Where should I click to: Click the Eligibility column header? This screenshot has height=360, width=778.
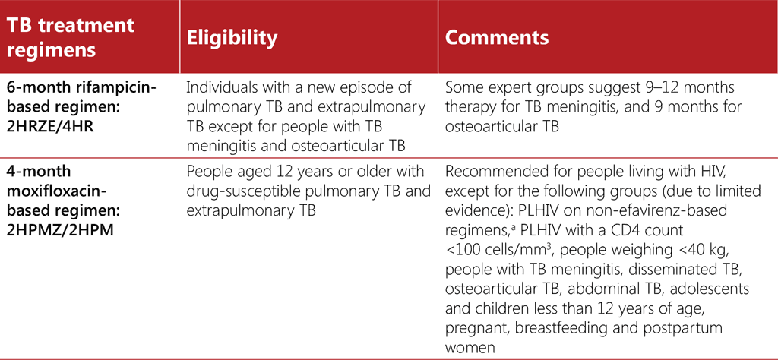pos(232,38)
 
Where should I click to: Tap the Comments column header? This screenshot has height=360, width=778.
pos(497,38)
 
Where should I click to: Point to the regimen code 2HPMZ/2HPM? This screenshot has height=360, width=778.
pos(59,229)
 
